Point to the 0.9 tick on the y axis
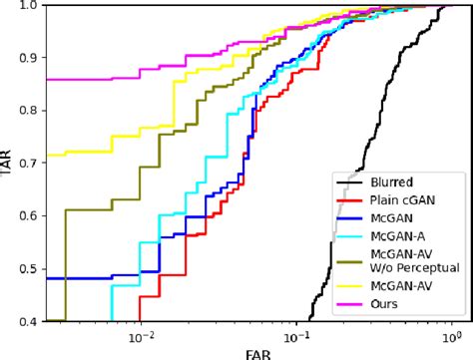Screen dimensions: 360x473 pyautogui.click(x=26, y=56)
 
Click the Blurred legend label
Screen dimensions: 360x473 pyautogui.click(x=390, y=180)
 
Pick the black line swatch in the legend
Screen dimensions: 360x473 pyautogui.click(x=349, y=180)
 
